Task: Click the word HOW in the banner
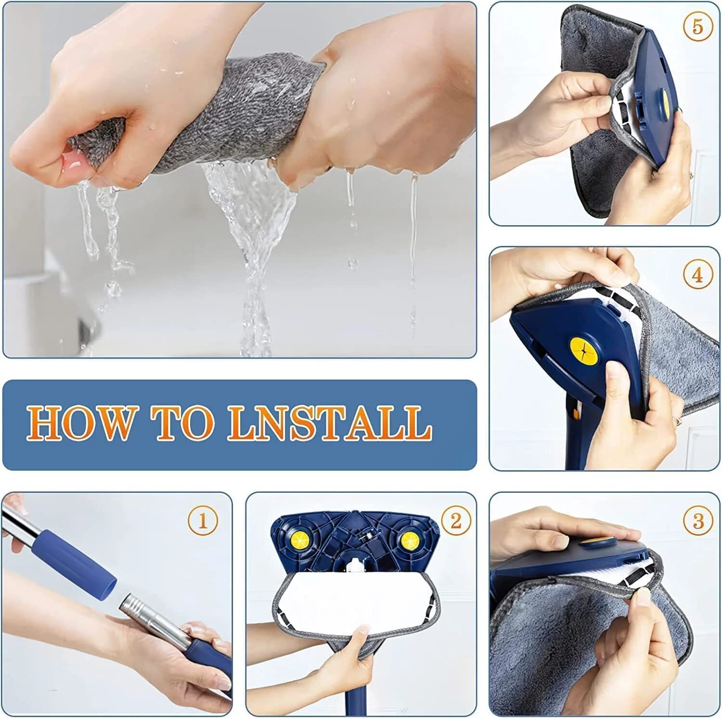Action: coord(81,423)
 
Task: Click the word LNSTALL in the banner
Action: coord(329,423)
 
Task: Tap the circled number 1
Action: coord(203,521)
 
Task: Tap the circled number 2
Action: coord(455,521)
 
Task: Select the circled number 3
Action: coord(698,521)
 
